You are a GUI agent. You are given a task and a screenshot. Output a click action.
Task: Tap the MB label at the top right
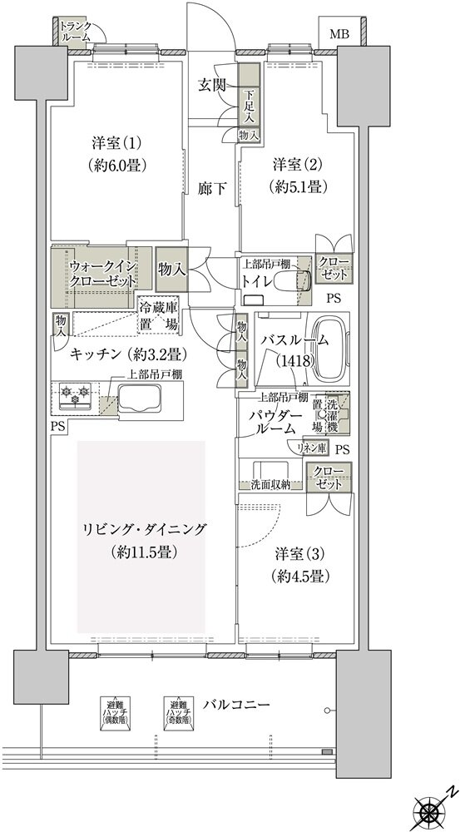(339, 34)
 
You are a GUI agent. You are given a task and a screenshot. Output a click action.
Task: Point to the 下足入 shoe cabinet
(249, 104)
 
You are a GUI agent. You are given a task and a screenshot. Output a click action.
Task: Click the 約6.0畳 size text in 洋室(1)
(117, 165)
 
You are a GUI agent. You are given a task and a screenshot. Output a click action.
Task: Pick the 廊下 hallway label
(212, 188)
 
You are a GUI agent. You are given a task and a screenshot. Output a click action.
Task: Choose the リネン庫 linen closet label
(312, 448)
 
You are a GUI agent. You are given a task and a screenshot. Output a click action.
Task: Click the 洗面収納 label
(266, 484)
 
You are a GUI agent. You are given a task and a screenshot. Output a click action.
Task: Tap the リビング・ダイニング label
(143, 529)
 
